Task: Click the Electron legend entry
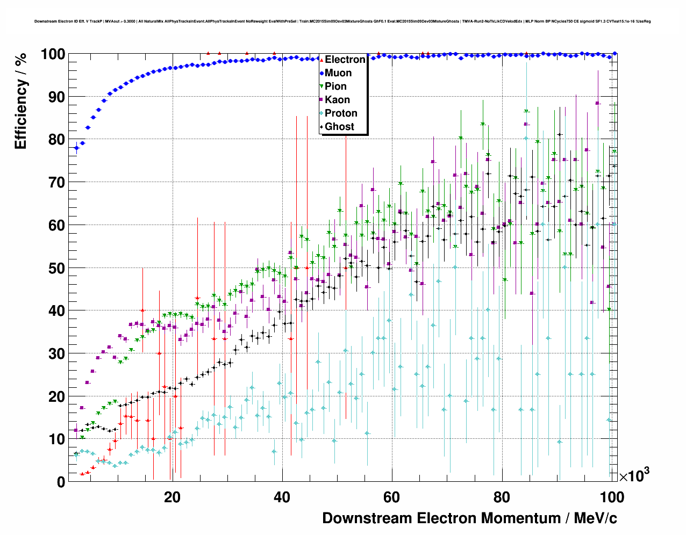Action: point(345,60)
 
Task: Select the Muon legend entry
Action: point(338,73)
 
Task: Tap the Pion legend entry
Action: point(335,86)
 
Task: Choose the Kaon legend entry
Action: point(337,100)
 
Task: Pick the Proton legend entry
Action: point(341,113)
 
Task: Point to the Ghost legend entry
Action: point(339,127)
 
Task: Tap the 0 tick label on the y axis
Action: point(61,482)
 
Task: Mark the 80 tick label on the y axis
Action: point(56,140)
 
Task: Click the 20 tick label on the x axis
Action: point(172,497)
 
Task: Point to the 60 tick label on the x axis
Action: point(391,497)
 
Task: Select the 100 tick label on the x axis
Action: point(611,497)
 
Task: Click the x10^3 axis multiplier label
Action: point(634,475)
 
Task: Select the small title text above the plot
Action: point(342,21)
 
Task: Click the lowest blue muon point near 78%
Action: point(76,148)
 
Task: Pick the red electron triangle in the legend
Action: point(321,60)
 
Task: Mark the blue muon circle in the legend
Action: point(321,73)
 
